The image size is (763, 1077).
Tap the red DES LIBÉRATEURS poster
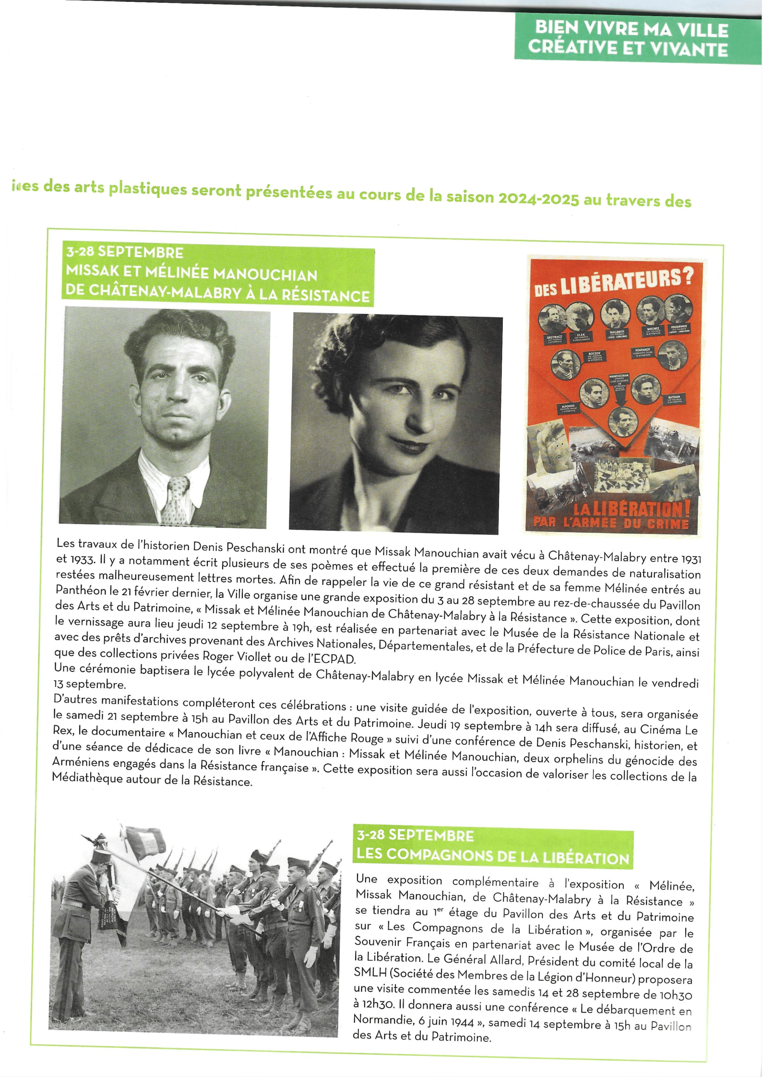(614, 394)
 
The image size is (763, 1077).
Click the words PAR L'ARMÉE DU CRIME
(611, 524)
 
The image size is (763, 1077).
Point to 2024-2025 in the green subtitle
(538, 198)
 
